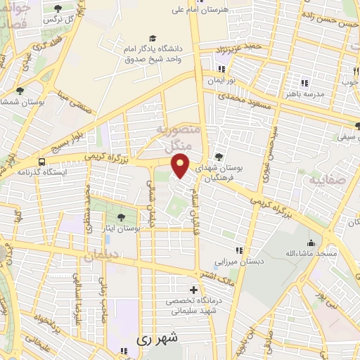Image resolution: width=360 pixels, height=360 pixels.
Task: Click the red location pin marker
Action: click(x=181, y=166)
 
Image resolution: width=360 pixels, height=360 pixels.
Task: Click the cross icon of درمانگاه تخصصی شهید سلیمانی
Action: click(x=193, y=290)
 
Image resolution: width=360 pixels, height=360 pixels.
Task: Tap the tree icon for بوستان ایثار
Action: click(x=122, y=217)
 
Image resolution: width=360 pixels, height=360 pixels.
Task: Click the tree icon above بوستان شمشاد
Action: click(x=19, y=91)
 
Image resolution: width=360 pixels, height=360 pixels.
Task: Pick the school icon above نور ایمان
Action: click(x=222, y=69)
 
